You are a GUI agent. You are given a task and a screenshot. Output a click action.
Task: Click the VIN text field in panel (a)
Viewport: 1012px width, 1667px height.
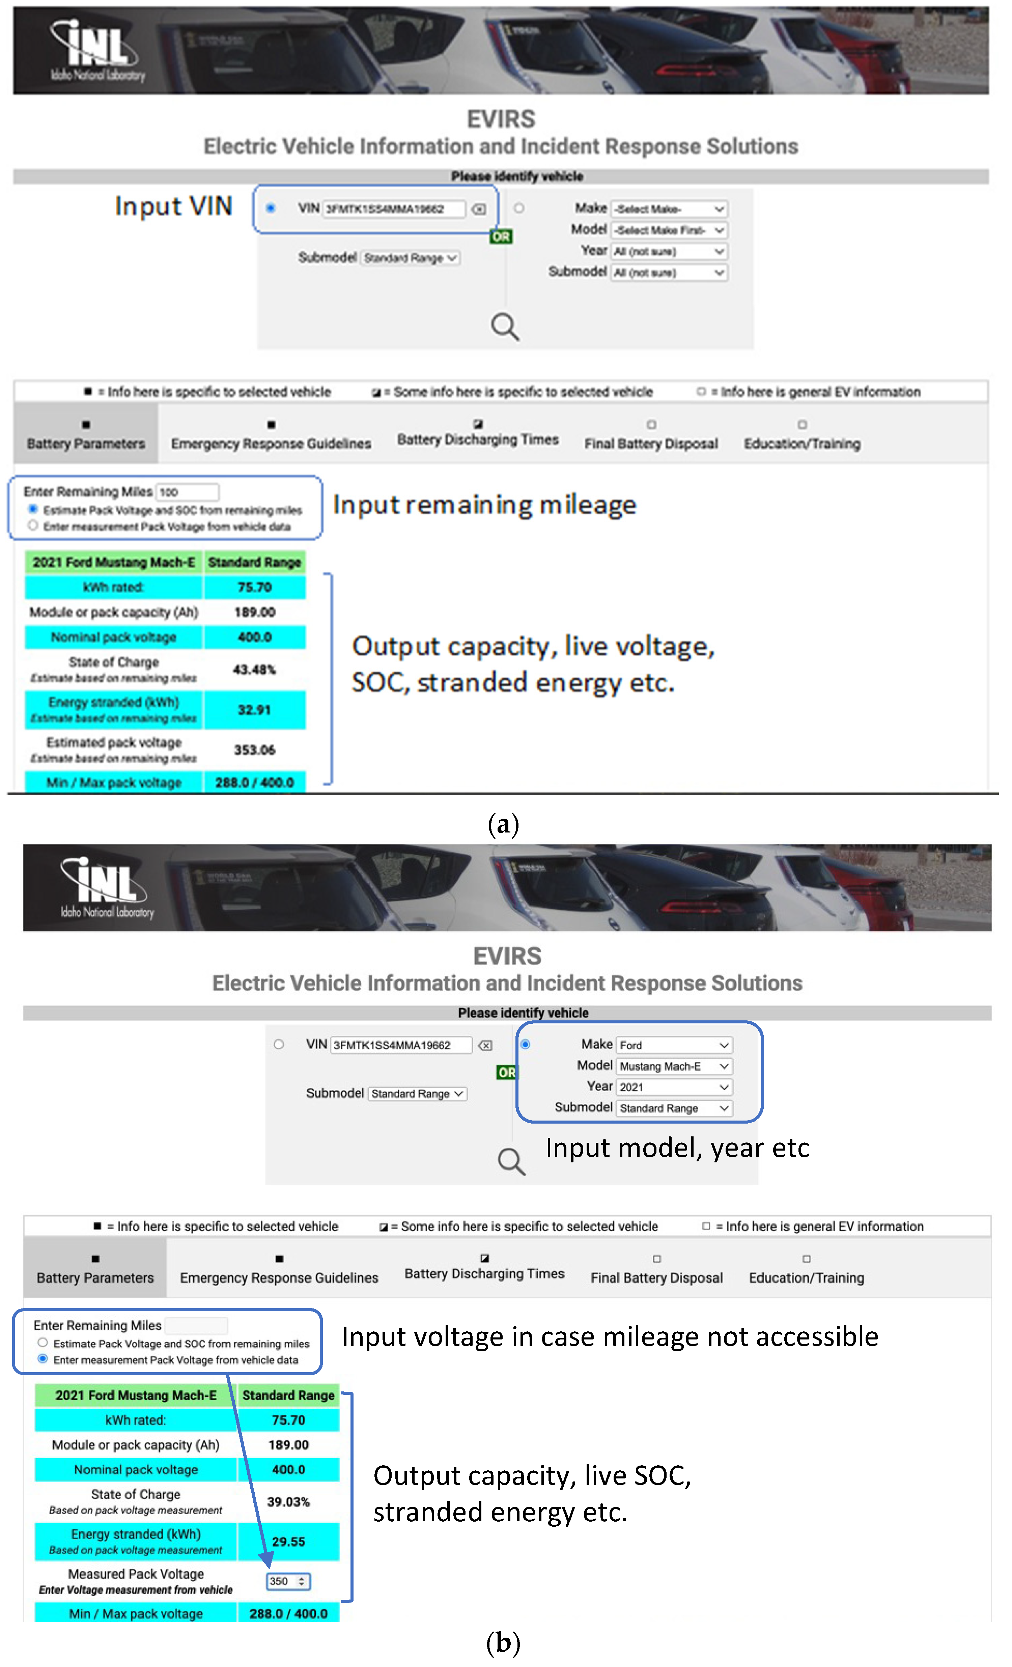(394, 209)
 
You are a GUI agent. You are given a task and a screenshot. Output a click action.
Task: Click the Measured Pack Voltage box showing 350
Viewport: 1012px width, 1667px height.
(287, 1582)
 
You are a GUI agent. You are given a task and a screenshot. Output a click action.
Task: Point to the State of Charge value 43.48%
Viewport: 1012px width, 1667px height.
(254, 670)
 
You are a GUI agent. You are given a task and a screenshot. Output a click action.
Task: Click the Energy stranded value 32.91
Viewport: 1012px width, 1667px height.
(254, 710)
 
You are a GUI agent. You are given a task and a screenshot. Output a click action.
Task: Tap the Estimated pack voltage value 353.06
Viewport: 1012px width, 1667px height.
(254, 750)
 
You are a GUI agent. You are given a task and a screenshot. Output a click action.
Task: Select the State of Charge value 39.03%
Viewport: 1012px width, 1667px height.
(288, 1502)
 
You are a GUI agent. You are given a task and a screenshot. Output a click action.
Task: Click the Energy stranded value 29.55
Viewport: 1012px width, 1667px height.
(288, 1542)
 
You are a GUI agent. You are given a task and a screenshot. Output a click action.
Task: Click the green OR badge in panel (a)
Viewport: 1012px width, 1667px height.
(501, 237)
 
